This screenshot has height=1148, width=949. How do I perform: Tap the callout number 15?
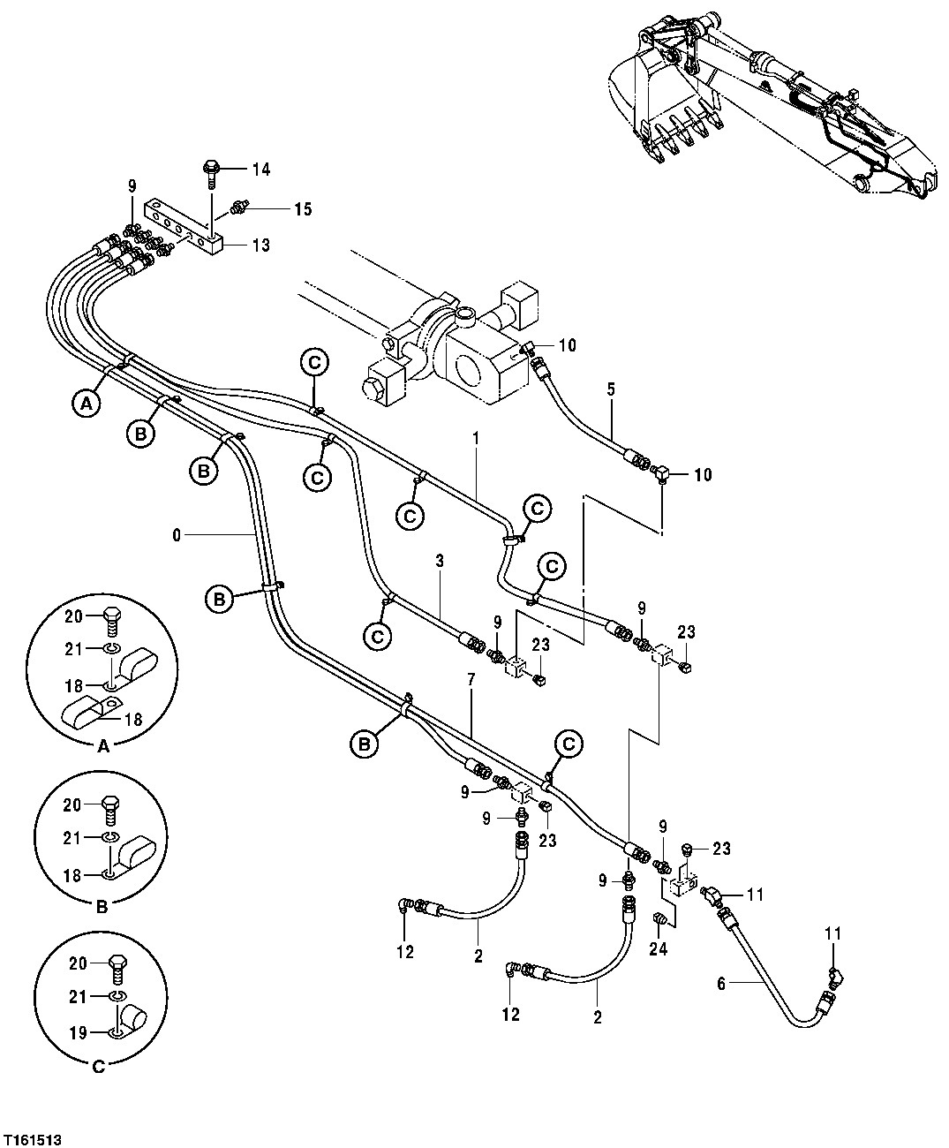pos(303,209)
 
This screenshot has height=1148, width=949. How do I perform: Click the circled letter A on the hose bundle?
pos(85,404)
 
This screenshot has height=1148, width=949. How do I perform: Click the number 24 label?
pos(658,950)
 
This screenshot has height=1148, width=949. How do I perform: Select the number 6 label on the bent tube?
pos(720,984)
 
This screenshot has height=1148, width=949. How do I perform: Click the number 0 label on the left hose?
pos(177,534)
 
